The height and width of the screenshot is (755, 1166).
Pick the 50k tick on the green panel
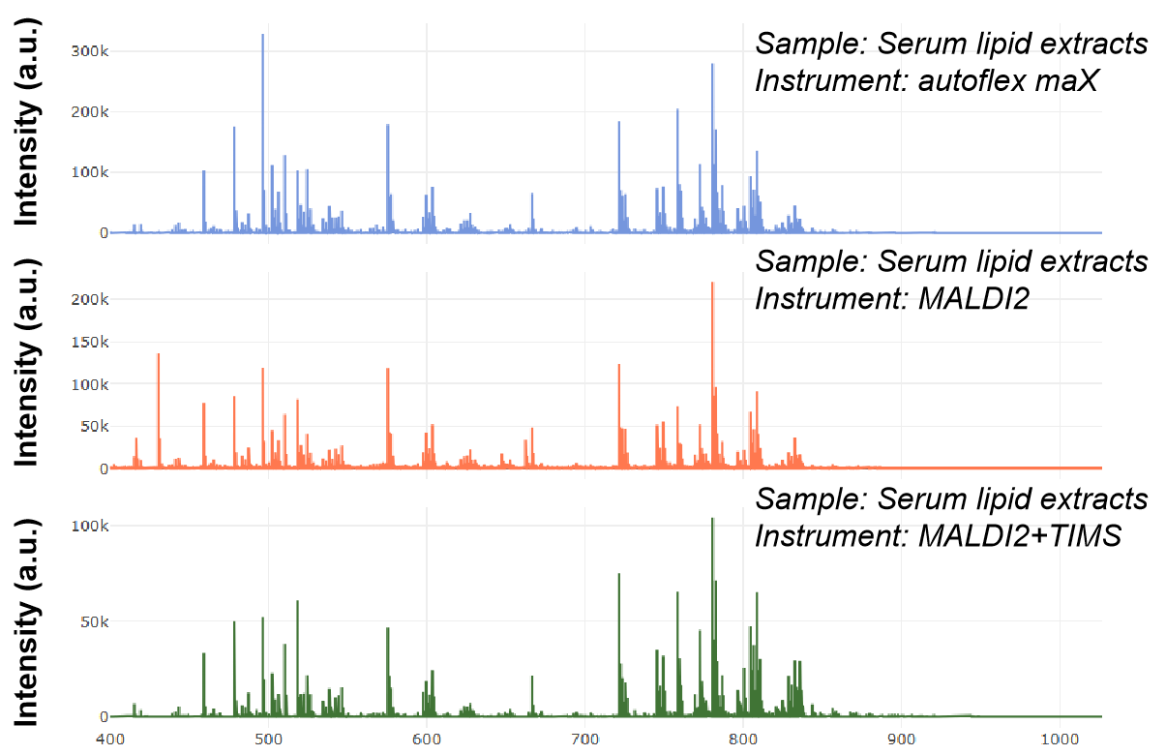[94, 620]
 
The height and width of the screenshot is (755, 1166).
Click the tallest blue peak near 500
[262, 37]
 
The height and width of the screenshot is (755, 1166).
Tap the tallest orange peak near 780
[712, 285]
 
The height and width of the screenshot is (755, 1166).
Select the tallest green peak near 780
[712, 520]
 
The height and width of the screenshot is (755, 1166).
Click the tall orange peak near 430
[159, 356]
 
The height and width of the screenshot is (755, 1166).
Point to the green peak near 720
[618, 575]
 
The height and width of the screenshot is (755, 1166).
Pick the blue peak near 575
[387, 127]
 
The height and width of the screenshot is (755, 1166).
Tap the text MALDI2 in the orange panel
[972, 299]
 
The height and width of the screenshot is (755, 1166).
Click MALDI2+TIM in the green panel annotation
[1006, 535]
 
